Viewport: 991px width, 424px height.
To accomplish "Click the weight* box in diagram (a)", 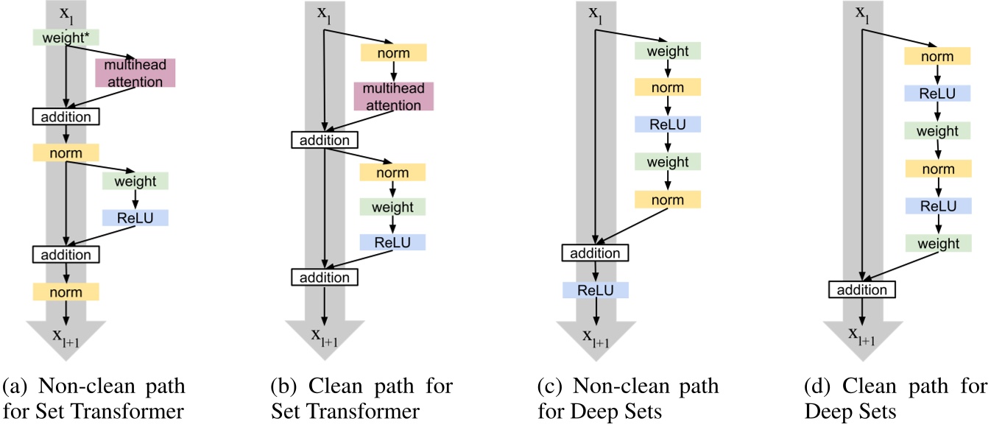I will tap(66, 37).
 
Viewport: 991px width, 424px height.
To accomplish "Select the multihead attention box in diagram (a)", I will tap(135, 74).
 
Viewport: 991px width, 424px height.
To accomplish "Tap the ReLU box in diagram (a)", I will tap(135, 218).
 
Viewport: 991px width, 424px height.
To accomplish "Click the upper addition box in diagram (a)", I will tap(66, 116).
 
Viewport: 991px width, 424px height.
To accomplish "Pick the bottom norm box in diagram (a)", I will tap(66, 292).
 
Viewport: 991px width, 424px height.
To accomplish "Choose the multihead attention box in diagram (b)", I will tap(393, 96).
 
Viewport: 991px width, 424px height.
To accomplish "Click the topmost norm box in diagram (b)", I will tap(393, 52).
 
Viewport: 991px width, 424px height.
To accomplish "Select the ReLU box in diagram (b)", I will tap(392, 242).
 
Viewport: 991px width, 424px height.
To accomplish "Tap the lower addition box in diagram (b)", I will tap(325, 277).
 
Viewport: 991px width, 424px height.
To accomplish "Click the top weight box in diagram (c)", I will tap(668, 51).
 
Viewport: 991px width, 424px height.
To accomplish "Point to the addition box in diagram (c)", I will tap(595, 253).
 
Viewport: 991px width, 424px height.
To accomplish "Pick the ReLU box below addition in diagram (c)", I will tap(595, 290).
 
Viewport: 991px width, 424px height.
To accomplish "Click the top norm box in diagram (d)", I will tap(938, 56).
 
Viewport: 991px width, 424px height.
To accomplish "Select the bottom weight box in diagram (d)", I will tap(938, 244).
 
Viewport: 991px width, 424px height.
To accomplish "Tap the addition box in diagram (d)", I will tap(863, 289).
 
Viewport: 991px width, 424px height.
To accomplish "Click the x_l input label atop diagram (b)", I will tap(324, 13).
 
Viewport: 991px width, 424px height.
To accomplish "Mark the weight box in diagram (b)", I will tap(392, 207).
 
